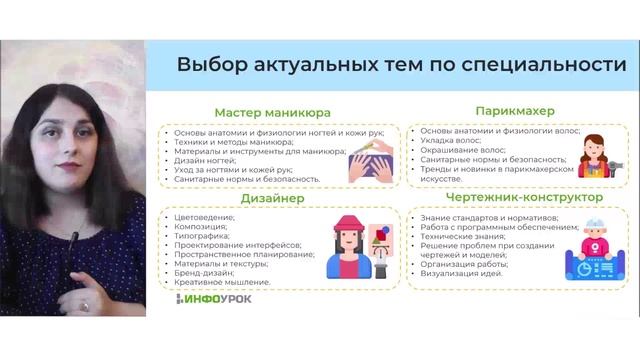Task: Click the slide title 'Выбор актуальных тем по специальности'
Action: (x=401, y=65)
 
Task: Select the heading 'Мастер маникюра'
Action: (x=272, y=112)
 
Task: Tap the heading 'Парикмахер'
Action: (x=516, y=109)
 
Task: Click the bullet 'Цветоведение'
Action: (x=204, y=217)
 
